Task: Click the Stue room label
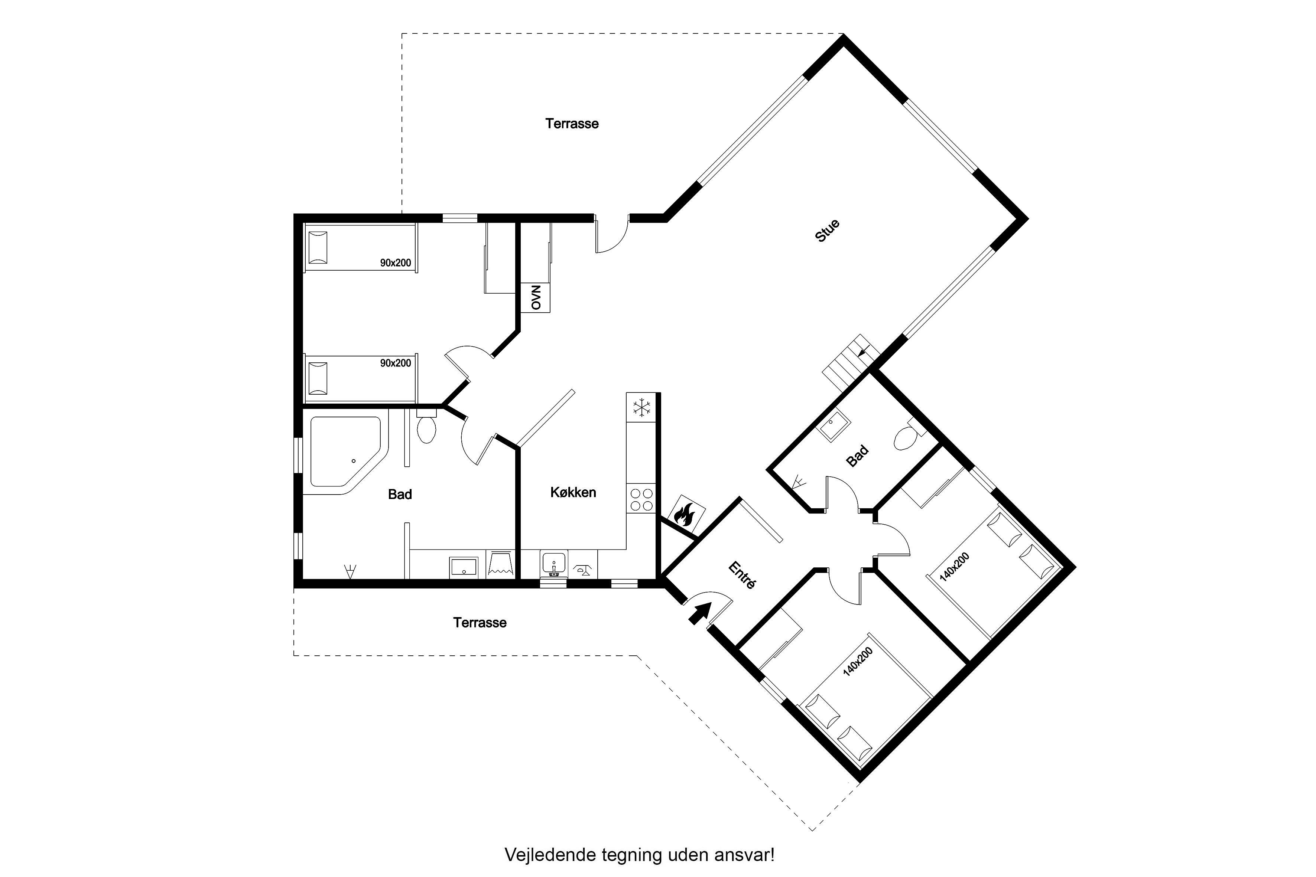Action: click(x=828, y=231)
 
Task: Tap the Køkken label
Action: click(x=573, y=492)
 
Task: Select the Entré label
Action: click(x=743, y=575)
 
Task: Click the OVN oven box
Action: click(x=536, y=297)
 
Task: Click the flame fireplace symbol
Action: click(x=686, y=513)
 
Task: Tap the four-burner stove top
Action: click(x=641, y=499)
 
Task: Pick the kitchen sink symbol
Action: click(x=554, y=564)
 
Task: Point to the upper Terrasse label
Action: click(x=572, y=124)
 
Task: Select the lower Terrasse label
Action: click(x=480, y=623)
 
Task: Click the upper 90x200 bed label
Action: click(x=396, y=262)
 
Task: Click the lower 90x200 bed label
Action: click(x=396, y=363)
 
